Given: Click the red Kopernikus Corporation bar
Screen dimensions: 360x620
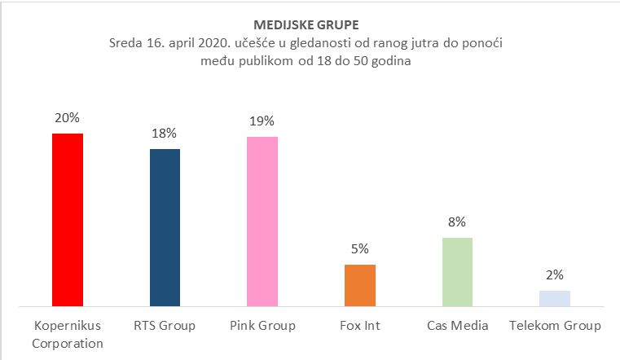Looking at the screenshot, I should point(68,220).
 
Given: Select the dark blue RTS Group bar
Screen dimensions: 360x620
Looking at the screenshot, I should point(165,228).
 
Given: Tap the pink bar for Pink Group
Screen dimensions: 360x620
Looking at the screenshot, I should point(262,222).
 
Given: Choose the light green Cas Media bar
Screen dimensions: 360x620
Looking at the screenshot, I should point(457,272).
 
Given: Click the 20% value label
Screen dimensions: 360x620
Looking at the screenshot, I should point(68,118).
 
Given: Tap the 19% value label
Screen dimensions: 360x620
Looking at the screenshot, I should point(262,122).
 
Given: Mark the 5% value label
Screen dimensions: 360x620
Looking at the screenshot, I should point(359,249).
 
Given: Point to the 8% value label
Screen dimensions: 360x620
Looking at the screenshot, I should point(457,222).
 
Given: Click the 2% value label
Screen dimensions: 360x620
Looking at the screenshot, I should point(554,275).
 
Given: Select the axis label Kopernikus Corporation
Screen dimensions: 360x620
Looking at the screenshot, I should point(68,334).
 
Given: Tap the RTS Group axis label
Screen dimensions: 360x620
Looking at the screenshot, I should point(165,326).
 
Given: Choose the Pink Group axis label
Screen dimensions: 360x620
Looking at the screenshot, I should point(262,326).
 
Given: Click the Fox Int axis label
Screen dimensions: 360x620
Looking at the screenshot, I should point(359,326).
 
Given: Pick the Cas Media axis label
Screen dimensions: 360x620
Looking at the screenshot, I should point(457,326).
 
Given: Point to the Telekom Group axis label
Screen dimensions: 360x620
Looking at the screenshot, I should point(554,326).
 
